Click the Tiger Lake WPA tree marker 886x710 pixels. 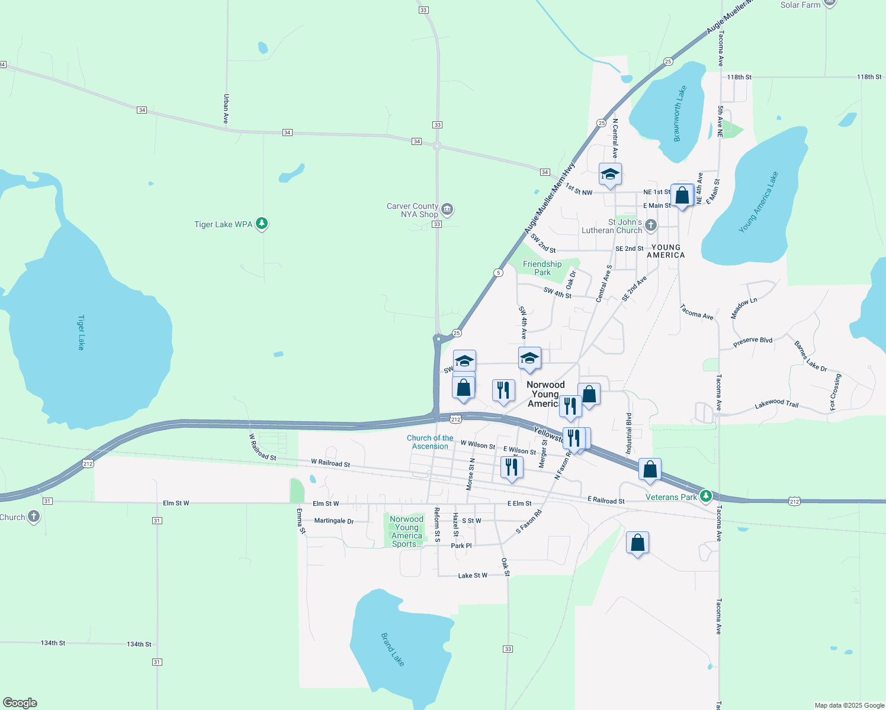262,224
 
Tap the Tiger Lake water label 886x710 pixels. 81,332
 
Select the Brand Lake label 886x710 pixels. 393,649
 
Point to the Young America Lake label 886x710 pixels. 758,202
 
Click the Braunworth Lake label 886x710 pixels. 680,114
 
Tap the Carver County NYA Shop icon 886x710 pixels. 447,209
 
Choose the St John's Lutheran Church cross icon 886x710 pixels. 650,225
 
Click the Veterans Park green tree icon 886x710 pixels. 705,496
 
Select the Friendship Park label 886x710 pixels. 542,268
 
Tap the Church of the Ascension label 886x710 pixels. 430,442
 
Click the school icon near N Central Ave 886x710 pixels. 610,175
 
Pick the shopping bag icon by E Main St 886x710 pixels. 682,195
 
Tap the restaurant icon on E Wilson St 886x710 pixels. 511,467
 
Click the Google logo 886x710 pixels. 20,703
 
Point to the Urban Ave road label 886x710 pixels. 226,109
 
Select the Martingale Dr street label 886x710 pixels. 333,521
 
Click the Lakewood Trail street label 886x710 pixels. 776,404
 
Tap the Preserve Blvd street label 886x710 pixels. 752,342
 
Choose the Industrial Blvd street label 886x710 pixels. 628,434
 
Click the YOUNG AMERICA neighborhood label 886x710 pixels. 666,251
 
